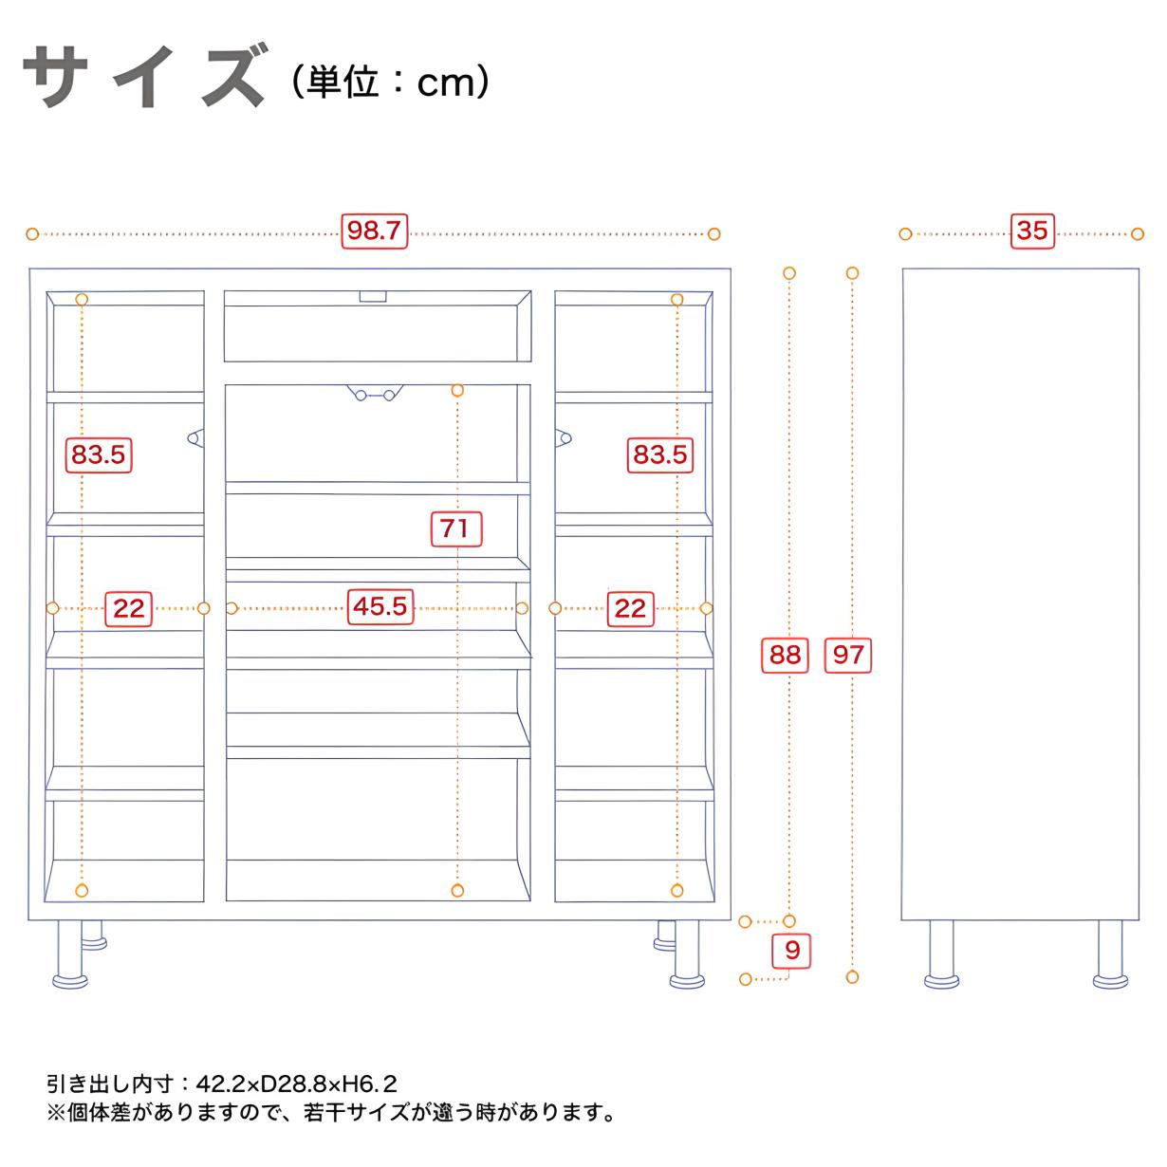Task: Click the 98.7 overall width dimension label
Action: click(374, 231)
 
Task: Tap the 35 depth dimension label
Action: click(1032, 231)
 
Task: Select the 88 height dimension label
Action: click(785, 655)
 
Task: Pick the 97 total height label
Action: click(848, 655)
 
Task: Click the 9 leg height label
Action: click(791, 950)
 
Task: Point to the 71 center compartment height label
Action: click(456, 528)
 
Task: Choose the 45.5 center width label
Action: click(380, 606)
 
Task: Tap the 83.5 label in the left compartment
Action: click(98, 454)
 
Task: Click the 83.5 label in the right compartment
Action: click(660, 454)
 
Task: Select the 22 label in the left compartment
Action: click(128, 608)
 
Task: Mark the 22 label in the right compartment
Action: click(630, 608)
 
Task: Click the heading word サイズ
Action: click(144, 76)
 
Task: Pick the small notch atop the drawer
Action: click(373, 296)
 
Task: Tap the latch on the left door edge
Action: click(195, 437)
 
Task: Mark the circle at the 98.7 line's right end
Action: click(714, 233)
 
